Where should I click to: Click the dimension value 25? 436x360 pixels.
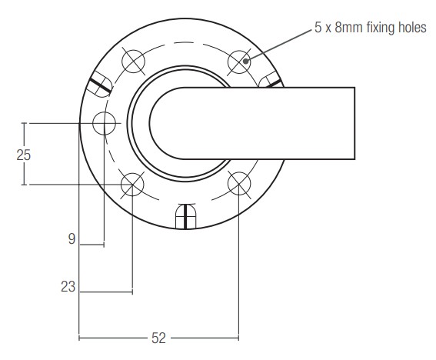click(24, 154)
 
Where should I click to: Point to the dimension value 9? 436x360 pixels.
click(72, 239)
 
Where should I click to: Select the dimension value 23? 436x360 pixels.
click(68, 287)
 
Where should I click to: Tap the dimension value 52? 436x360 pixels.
click(158, 337)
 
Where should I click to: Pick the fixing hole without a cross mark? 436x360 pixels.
click(104, 122)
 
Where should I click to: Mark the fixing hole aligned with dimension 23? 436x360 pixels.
click(133, 182)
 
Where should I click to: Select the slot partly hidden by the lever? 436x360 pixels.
click(271, 82)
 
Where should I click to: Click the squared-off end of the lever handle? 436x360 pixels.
click(353, 122)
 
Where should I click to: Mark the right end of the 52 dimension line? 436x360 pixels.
click(238, 337)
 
